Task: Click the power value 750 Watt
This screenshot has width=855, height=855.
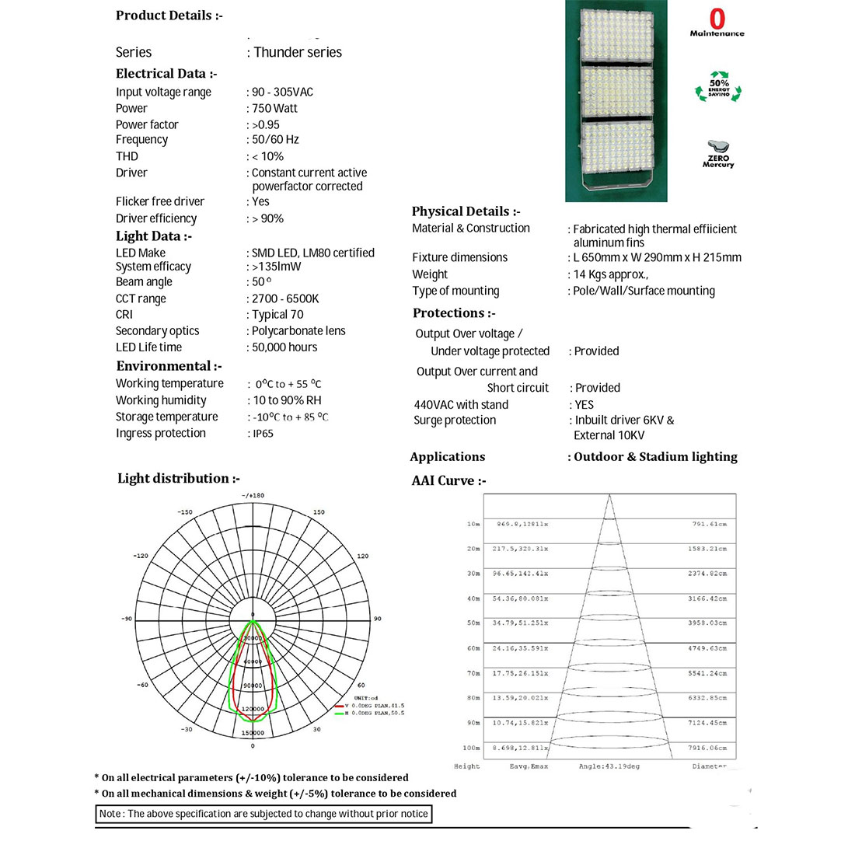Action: click(x=274, y=109)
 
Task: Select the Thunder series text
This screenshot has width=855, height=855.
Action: click(x=298, y=52)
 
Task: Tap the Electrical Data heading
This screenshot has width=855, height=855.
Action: click(x=166, y=74)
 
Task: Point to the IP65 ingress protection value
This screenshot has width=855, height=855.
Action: click(x=263, y=434)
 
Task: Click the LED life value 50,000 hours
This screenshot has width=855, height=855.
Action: click(x=284, y=347)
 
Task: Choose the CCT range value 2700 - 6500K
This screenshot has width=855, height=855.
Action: click(x=285, y=298)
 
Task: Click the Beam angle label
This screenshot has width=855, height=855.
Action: click(x=144, y=282)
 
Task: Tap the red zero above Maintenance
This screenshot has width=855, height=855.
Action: click(x=717, y=18)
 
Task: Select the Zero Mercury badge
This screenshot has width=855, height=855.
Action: click(x=718, y=153)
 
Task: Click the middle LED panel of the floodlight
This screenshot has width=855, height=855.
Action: click(x=616, y=92)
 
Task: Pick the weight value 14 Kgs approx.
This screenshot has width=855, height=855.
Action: click(x=611, y=274)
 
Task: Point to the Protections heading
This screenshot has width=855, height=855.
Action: click(x=454, y=313)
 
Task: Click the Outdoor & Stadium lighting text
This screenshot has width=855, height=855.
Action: click(x=655, y=457)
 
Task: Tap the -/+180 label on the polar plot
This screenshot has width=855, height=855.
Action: click(x=253, y=495)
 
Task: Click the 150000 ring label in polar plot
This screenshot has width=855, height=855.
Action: click(x=253, y=733)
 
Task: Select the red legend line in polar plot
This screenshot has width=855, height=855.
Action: click(x=339, y=706)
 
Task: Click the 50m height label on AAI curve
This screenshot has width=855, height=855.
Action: click(x=473, y=623)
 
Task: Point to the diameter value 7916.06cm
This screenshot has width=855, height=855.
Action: click(x=707, y=748)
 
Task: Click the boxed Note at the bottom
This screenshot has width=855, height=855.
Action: click(x=263, y=814)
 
